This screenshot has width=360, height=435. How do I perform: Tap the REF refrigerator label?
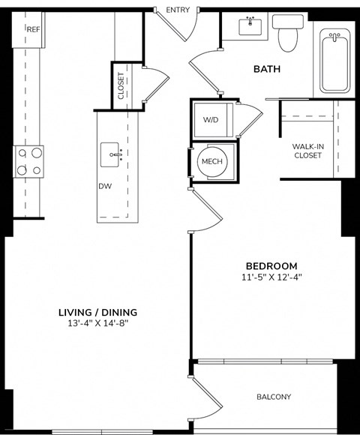tap(33, 29)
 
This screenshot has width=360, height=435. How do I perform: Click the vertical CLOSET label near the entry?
tap(121, 85)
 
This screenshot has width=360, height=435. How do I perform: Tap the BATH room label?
tap(267, 69)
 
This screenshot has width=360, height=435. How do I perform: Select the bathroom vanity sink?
tap(250, 28)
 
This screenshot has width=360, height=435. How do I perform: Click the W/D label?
tap(211, 119)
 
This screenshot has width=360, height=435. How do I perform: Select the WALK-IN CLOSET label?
tap(307, 151)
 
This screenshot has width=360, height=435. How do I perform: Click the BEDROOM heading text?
tap(271, 265)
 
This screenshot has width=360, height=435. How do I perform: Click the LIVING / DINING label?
tap(97, 312)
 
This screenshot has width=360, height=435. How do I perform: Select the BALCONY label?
tap(274, 397)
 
